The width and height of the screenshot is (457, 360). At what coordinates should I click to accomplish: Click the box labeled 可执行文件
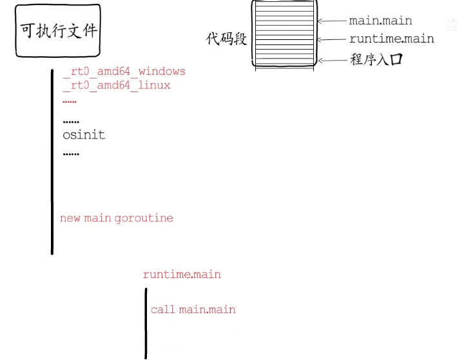59,30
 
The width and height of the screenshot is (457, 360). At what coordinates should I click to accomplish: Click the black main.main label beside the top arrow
381,21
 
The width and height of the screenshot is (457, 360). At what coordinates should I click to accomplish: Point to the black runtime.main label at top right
391,39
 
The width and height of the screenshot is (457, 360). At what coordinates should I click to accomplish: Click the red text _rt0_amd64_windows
124,71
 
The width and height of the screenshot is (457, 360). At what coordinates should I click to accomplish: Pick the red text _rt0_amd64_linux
117,85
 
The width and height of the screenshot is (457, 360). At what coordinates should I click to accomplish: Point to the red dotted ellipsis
70,102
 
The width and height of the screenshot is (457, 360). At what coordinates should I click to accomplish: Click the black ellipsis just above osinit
71,122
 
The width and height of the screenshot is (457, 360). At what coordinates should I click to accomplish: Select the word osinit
84,135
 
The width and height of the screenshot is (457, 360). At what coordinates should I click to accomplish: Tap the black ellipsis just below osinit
71,155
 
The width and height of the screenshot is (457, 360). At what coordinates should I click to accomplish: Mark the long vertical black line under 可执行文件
52,161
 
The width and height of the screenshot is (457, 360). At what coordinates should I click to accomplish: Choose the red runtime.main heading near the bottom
182,275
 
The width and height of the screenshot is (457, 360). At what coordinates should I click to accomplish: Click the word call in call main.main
162,310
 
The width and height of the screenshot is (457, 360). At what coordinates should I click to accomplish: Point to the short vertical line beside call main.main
146,322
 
